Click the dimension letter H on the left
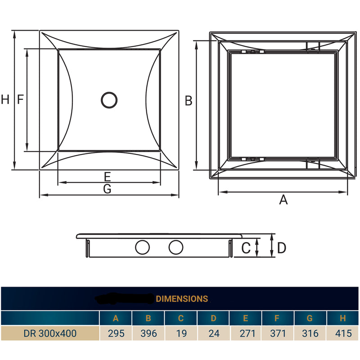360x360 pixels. coord(5,99)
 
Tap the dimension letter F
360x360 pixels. coord(20,99)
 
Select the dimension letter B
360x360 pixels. coord(189,101)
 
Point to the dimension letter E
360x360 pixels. coord(107,176)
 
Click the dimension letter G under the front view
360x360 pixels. coord(107,189)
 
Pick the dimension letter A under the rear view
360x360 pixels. coord(283,199)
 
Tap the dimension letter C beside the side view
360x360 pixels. coord(246,247)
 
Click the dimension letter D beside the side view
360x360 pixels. coord(282,247)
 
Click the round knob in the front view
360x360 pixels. coord(109,100)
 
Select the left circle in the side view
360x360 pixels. coord(143,247)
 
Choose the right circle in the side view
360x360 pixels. coord(176,247)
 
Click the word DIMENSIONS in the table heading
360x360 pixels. coord(182,298)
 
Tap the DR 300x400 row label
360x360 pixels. coord(50,333)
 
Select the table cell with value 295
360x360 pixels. coord(116,333)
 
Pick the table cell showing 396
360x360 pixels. coord(148,333)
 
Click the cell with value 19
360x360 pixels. coord(180,333)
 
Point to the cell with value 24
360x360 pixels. coord(213,333)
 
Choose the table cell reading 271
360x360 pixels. coord(246,333)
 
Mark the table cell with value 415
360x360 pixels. coord(342,333)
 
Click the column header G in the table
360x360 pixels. coord(310,318)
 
